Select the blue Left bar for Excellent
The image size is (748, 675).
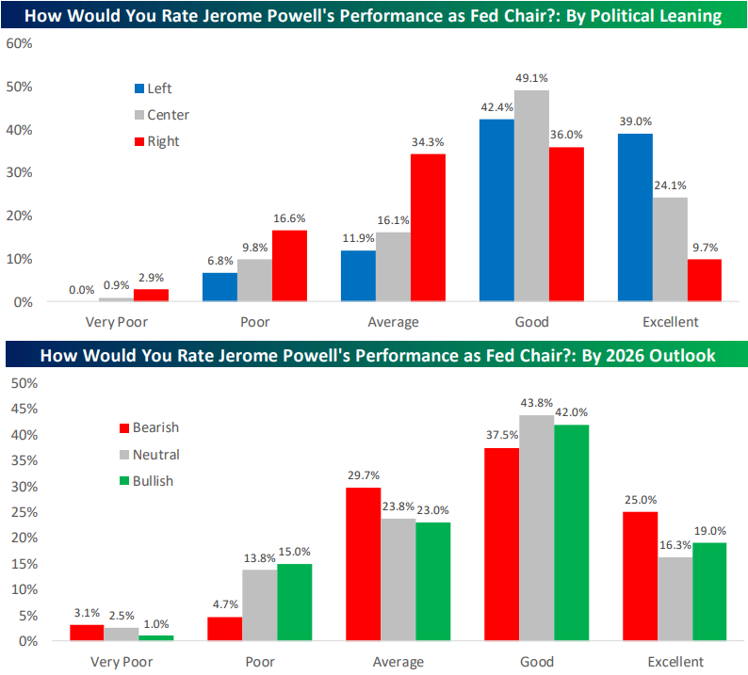[635, 217]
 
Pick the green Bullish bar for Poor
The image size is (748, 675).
[295, 603]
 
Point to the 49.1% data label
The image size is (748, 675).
[532, 79]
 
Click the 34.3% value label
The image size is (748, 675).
[428, 142]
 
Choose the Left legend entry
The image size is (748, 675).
[159, 88]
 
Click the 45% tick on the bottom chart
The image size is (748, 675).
[21, 410]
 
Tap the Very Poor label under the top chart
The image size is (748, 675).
[118, 322]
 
